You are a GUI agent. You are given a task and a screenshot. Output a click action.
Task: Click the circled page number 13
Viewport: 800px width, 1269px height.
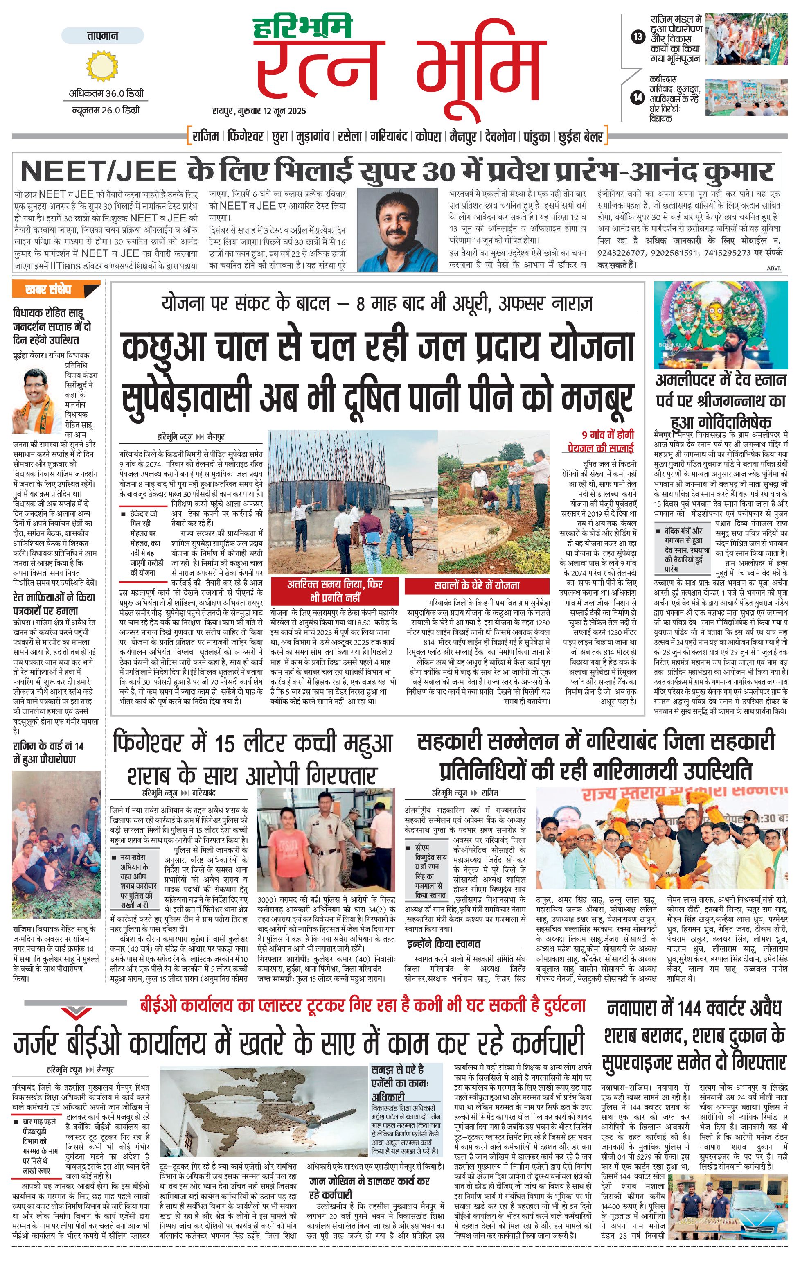tap(638, 36)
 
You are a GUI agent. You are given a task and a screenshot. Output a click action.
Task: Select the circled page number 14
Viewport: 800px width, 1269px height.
tap(638, 97)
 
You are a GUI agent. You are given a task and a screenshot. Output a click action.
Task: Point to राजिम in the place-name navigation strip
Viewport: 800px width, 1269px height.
tap(206, 136)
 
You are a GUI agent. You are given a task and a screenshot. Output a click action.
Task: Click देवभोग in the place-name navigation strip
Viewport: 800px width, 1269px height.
tap(500, 136)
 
